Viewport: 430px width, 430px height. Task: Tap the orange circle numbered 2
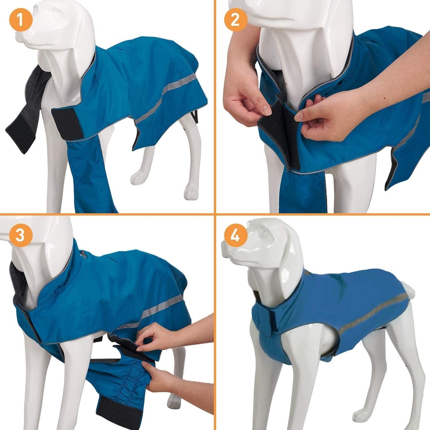pyautogui.click(x=235, y=20)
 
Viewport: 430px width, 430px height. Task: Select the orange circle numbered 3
pyautogui.click(x=20, y=236)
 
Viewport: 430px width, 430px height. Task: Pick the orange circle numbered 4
pyautogui.click(x=235, y=236)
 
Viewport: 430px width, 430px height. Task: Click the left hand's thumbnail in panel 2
pyautogui.click(x=266, y=112)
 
